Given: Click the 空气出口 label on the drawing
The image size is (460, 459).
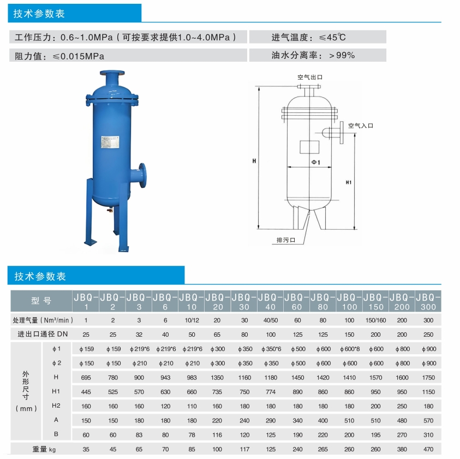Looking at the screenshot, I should click(x=309, y=77).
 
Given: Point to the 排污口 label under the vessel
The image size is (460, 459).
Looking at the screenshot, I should click(x=285, y=240).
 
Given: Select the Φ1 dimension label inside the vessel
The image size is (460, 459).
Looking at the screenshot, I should click(x=315, y=162).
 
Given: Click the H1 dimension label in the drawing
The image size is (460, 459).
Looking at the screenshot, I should click(x=349, y=182).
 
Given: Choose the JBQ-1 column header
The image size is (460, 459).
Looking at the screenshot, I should click(x=86, y=301).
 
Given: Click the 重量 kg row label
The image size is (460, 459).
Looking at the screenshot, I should click(x=41, y=449).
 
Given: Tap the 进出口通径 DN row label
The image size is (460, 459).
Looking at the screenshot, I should click(x=43, y=333).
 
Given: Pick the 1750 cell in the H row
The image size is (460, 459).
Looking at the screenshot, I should click(x=428, y=377).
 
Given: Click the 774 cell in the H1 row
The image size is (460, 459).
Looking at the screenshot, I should click(x=270, y=391).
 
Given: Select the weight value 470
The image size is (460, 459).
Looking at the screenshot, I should click(x=428, y=449).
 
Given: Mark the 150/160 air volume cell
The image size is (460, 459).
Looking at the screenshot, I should click(x=375, y=320).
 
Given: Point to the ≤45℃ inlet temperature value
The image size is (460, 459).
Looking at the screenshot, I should click(x=332, y=37).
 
